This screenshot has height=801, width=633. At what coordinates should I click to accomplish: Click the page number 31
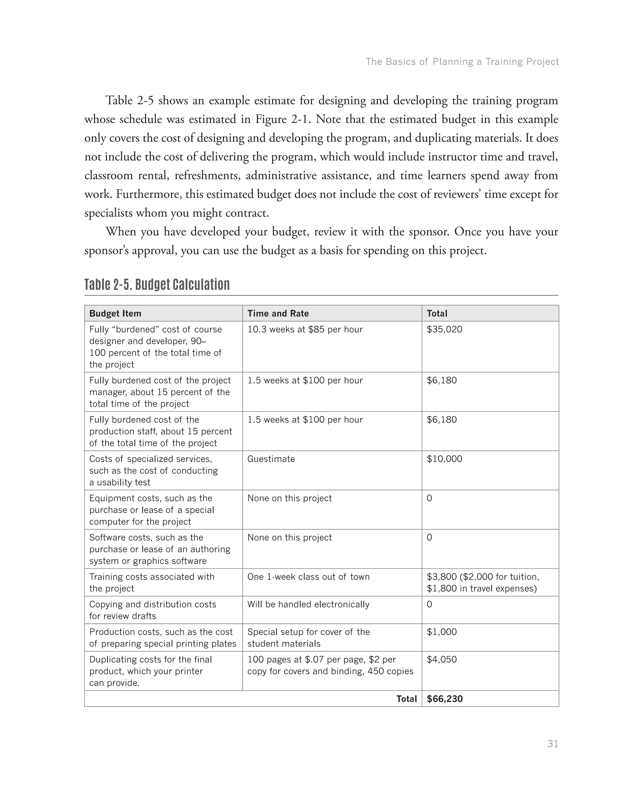pos(552,744)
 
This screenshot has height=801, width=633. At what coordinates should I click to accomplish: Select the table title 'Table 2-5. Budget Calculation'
pos(157,285)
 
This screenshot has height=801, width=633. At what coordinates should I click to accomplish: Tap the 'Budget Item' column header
pos(115,314)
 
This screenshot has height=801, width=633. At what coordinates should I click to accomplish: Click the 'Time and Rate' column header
pos(278,314)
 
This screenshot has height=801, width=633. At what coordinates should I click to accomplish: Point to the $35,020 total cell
pos(444,329)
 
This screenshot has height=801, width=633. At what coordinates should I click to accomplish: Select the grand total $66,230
pos(444,699)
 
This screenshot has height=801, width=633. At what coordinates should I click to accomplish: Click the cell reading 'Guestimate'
pos(271,459)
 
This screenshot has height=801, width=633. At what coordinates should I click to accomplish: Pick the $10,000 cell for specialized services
pos(444,459)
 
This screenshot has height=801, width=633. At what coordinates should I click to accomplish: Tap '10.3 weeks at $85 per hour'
pos(305,329)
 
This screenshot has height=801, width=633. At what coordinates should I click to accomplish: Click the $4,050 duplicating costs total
pos(441,660)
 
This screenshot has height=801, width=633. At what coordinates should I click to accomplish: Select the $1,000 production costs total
pos(441,632)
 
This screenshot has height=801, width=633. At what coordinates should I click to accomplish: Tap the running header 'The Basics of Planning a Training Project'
pos(462,62)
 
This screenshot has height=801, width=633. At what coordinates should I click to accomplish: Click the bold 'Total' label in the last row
pos(406,699)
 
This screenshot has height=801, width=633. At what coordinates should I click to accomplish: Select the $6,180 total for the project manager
pos(441,381)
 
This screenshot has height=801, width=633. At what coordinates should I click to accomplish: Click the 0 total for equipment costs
pos(429,498)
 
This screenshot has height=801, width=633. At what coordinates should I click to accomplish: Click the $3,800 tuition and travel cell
pos(482,582)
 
